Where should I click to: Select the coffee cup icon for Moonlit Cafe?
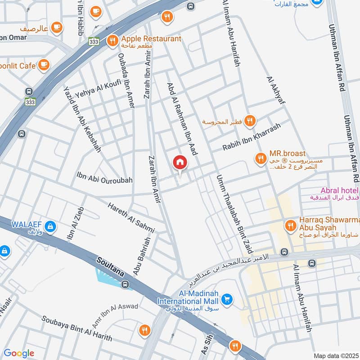pyautogui.click(x=43, y=66)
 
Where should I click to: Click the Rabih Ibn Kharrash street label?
pyautogui.click(x=251, y=136)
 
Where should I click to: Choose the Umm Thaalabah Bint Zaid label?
pyautogui.click(x=234, y=214)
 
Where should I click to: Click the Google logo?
pyautogui.click(x=19, y=353)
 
